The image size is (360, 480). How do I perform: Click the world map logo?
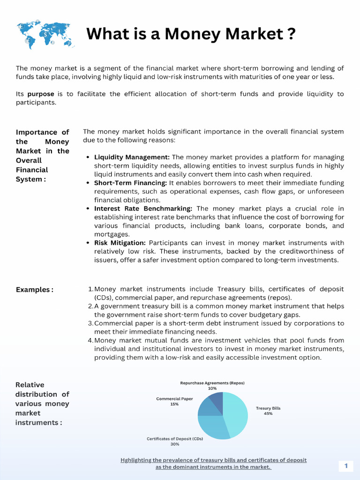[45, 34]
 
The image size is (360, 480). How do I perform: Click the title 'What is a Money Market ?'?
[191, 34]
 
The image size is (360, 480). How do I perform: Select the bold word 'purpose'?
[40, 94]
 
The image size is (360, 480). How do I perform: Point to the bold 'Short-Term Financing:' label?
[130, 183]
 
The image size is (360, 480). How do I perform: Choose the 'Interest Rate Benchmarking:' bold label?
[143, 209]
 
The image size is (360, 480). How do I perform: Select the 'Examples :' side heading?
[35, 290]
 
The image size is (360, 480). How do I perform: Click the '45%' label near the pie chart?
[268, 414]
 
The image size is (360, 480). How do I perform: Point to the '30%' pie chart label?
[175, 444]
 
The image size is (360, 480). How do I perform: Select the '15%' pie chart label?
[174, 404]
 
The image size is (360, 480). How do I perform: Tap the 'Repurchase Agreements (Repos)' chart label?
[212, 383]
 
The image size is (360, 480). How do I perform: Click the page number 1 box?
[346, 466]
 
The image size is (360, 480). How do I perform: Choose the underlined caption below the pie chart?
[213, 464]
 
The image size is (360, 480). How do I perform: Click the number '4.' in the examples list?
[90, 341]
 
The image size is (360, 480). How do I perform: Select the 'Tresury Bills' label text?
[268, 408]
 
